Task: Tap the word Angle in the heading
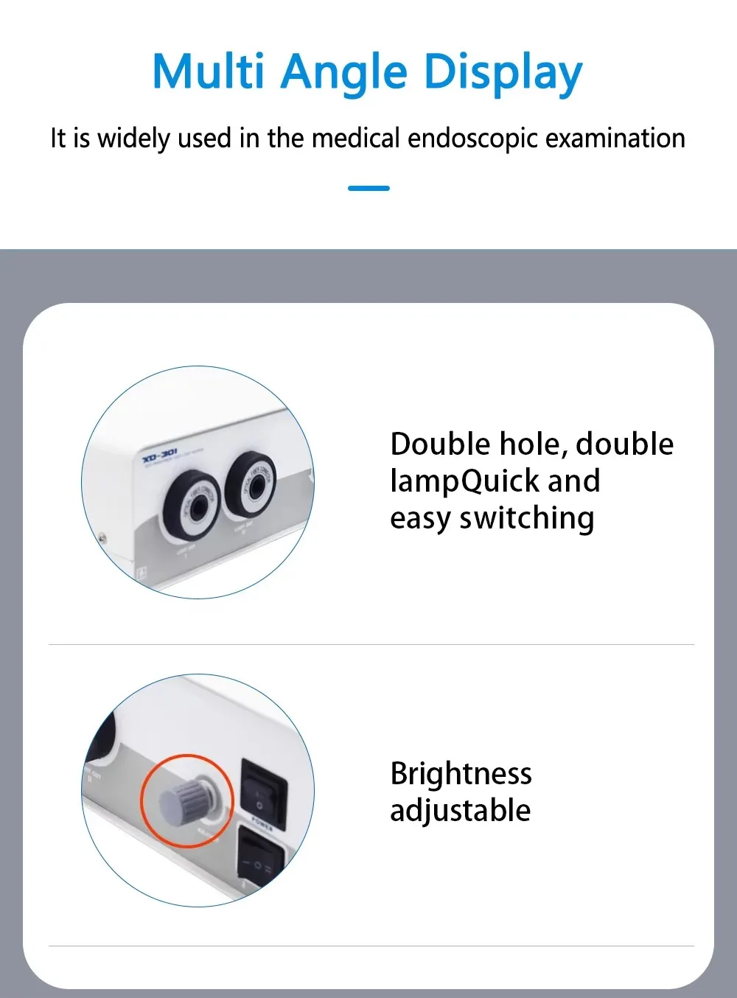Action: pyautogui.click(x=343, y=73)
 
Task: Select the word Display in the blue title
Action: pyautogui.click(x=503, y=73)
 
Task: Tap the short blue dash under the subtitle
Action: pyautogui.click(x=368, y=189)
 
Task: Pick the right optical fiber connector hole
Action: pyautogui.click(x=252, y=484)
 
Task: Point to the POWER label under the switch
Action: pyautogui.click(x=262, y=823)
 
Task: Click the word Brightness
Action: pyautogui.click(x=461, y=773)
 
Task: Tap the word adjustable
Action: pyautogui.click(x=461, y=810)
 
